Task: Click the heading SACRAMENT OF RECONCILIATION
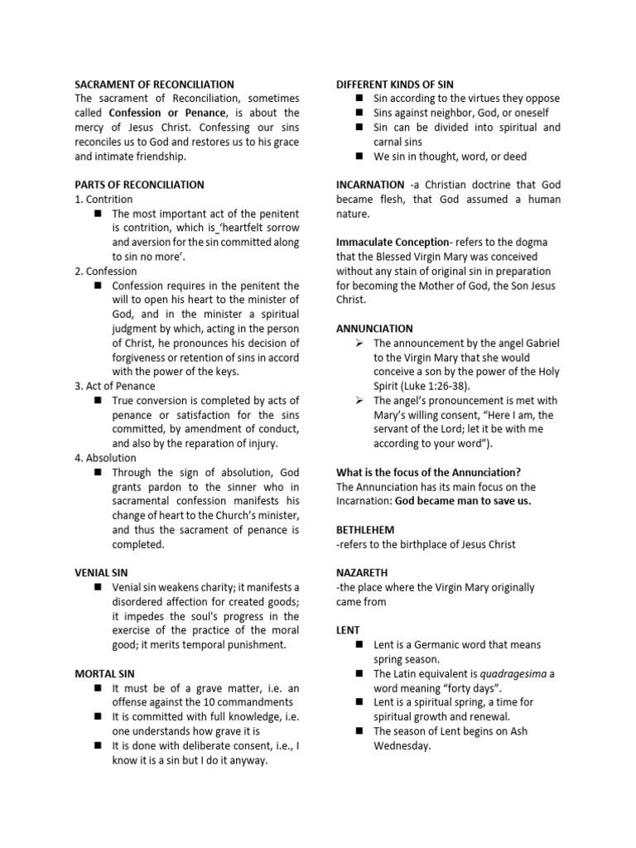click(154, 84)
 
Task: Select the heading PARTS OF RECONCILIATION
click(139, 185)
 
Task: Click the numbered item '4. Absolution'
click(106, 458)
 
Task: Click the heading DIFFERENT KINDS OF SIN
click(394, 84)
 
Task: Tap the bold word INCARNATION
click(370, 185)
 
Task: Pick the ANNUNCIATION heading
click(374, 328)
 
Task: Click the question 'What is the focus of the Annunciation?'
click(428, 472)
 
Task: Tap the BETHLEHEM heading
click(365, 529)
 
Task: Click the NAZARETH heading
click(363, 572)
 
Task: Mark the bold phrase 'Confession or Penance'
click(167, 113)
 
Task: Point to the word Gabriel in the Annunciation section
click(541, 343)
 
